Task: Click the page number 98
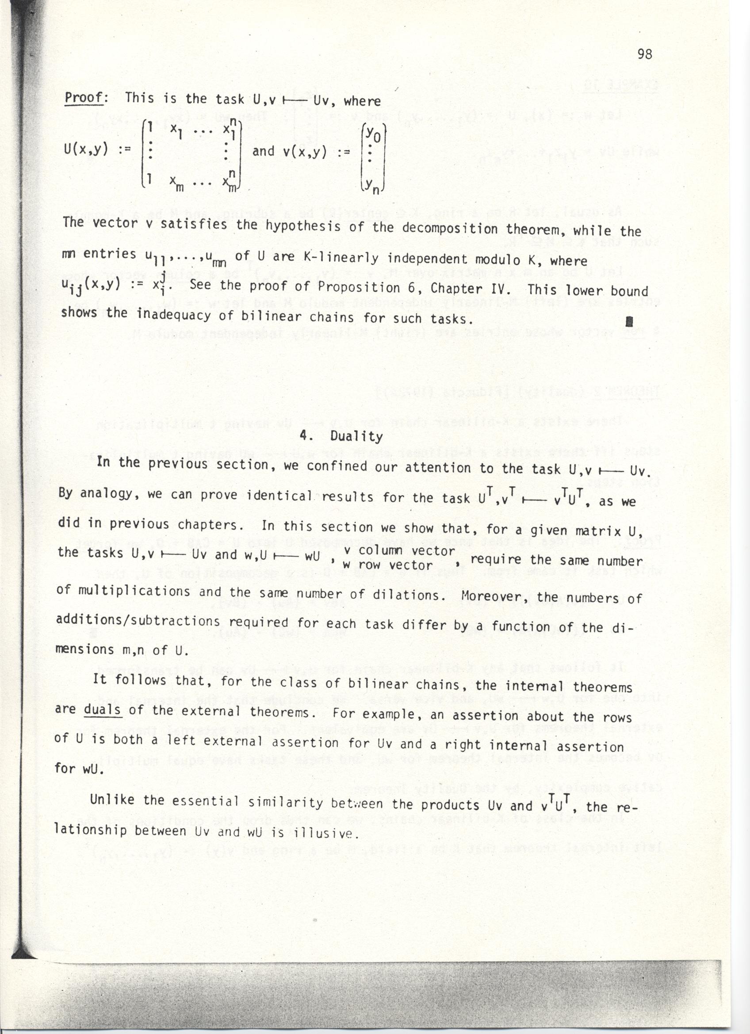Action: (645, 54)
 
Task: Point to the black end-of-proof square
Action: (629, 322)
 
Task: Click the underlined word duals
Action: (102, 710)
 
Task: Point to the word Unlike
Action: (112, 800)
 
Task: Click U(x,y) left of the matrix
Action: (86, 149)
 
